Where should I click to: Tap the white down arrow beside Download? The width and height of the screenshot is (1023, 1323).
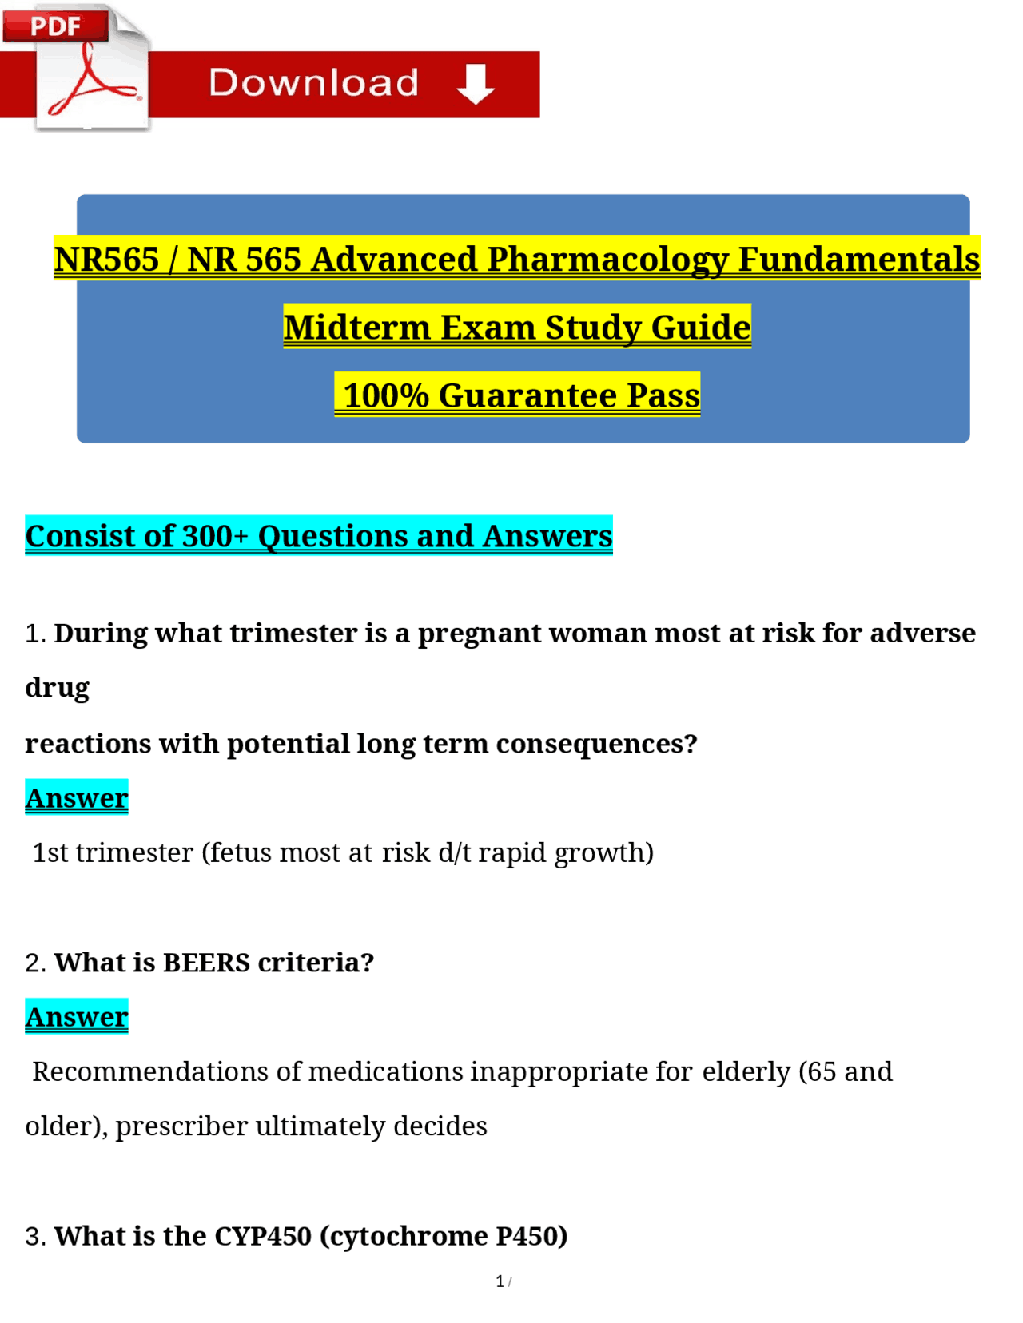(x=476, y=84)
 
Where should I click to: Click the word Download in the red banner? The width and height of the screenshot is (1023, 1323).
(x=313, y=83)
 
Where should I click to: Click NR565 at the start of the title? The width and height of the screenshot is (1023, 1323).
(x=106, y=259)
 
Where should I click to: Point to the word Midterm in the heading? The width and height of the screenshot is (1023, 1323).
(x=356, y=328)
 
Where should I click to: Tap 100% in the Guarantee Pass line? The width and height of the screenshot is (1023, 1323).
(x=386, y=395)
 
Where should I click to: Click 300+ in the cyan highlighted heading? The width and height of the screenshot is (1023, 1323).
(x=216, y=535)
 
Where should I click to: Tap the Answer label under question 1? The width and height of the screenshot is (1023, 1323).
(x=77, y=797)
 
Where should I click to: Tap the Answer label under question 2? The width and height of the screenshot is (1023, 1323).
(x=77, y=1016)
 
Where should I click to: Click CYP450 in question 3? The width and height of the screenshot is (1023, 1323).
(x=263, y=1235)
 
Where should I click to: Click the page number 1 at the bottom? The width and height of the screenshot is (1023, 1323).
(x=500, y=1281)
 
